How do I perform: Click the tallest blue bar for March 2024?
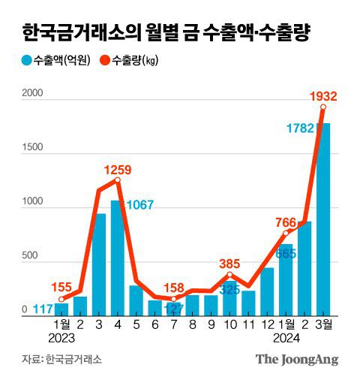pyautogui.click(x=323, y=218)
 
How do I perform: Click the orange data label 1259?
pyautogui.click(x=117, y=169)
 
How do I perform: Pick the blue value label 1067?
pyautogui.click(x=140, y=205)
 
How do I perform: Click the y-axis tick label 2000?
pyautogui.click(x=33, y=94)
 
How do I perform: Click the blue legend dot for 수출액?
pyautogui.click(x=26, y=61)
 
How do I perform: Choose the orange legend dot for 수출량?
pyautogui.click(x=104, y=61)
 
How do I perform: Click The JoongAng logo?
pyautogui.click(x=297, y=359)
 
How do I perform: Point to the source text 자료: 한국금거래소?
pyautogui.click(x=61, y=359)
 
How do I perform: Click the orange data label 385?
pyautogui.click(x=229, y=264)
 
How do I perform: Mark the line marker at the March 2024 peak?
pyautogui.click(x=323, y=107)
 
